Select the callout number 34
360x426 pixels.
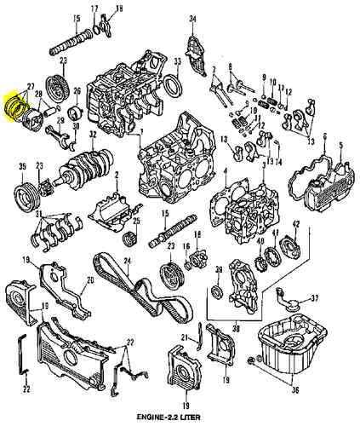[192, 18]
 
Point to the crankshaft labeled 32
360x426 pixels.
[89, 162]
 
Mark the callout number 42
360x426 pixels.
[296, 223]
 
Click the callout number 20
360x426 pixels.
[91, 279]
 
